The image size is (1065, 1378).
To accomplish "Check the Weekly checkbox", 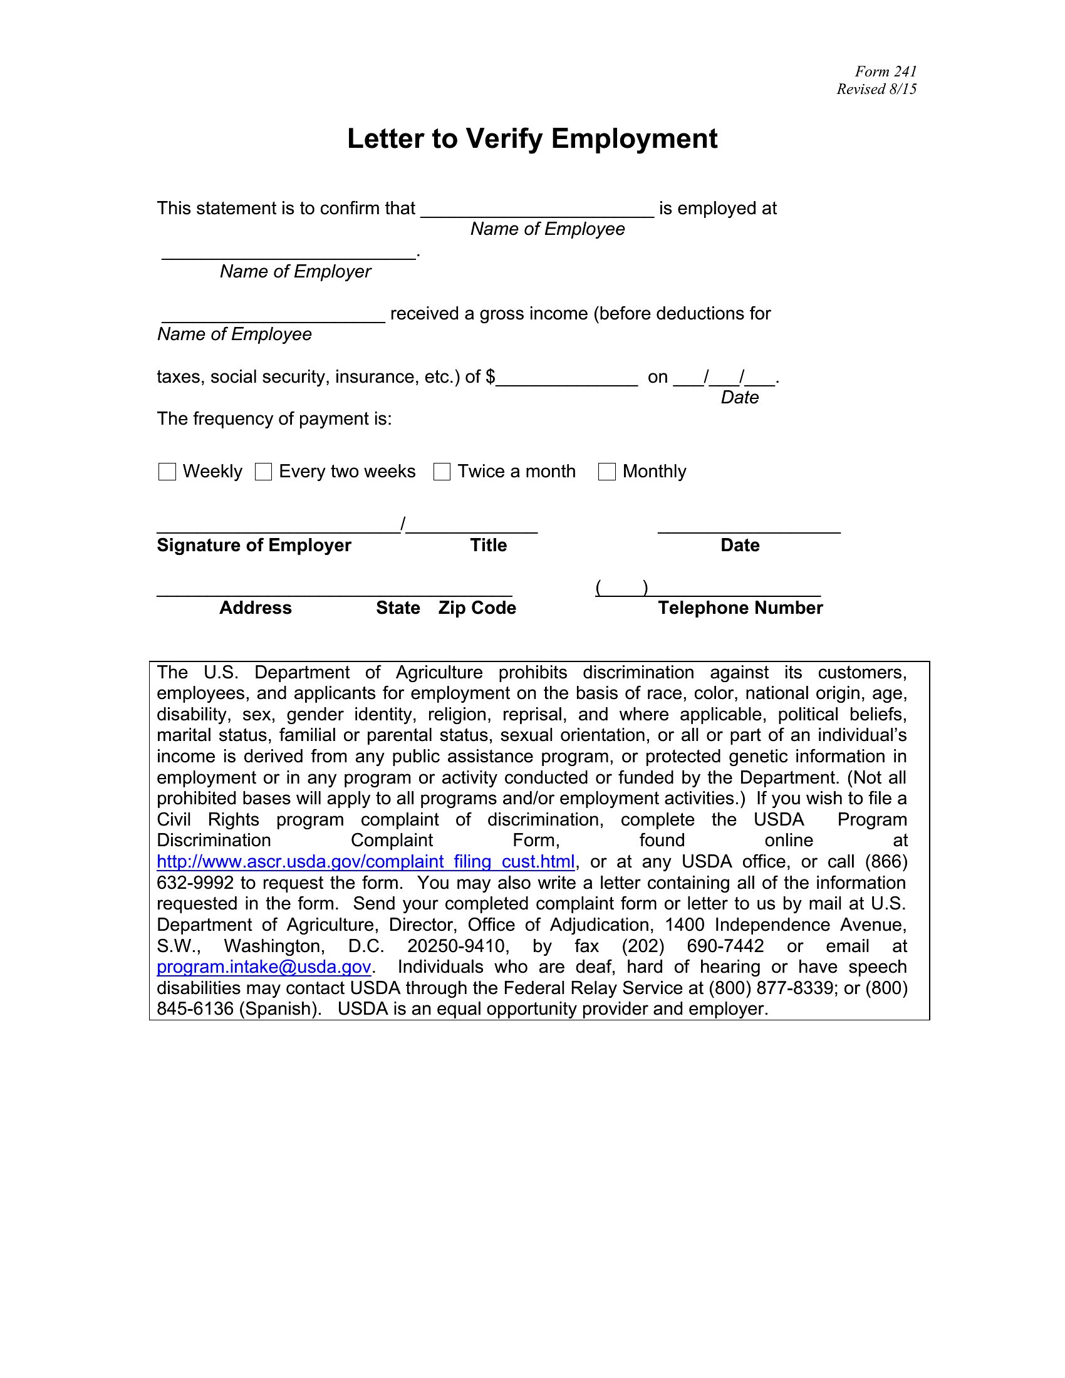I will (x=167, y=472).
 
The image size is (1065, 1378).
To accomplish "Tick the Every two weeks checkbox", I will (x=263, y=472).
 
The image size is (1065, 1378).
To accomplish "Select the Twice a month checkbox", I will (x=442, y=472).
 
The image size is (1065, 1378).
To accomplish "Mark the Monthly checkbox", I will (x=606, y=472).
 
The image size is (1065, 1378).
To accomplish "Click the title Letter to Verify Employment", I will (x=532, y=139).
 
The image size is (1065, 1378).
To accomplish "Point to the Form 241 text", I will (x=885, y=71).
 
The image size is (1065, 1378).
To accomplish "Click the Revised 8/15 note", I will (x=876, y=89).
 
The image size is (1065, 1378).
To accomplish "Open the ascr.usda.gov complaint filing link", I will (x=365, y=862).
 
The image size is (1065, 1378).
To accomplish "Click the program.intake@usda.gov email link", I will (x=264, y=966).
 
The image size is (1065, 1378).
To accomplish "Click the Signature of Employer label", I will (x=254, y=545).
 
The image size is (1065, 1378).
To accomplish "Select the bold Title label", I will (x=489, y=545).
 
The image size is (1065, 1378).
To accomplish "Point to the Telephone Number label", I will (x=740, y=608).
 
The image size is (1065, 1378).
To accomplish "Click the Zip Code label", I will (x=477, y=608).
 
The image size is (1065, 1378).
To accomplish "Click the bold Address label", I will (x=256, y=608).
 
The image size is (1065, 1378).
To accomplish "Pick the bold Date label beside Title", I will (x=740, y=545).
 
